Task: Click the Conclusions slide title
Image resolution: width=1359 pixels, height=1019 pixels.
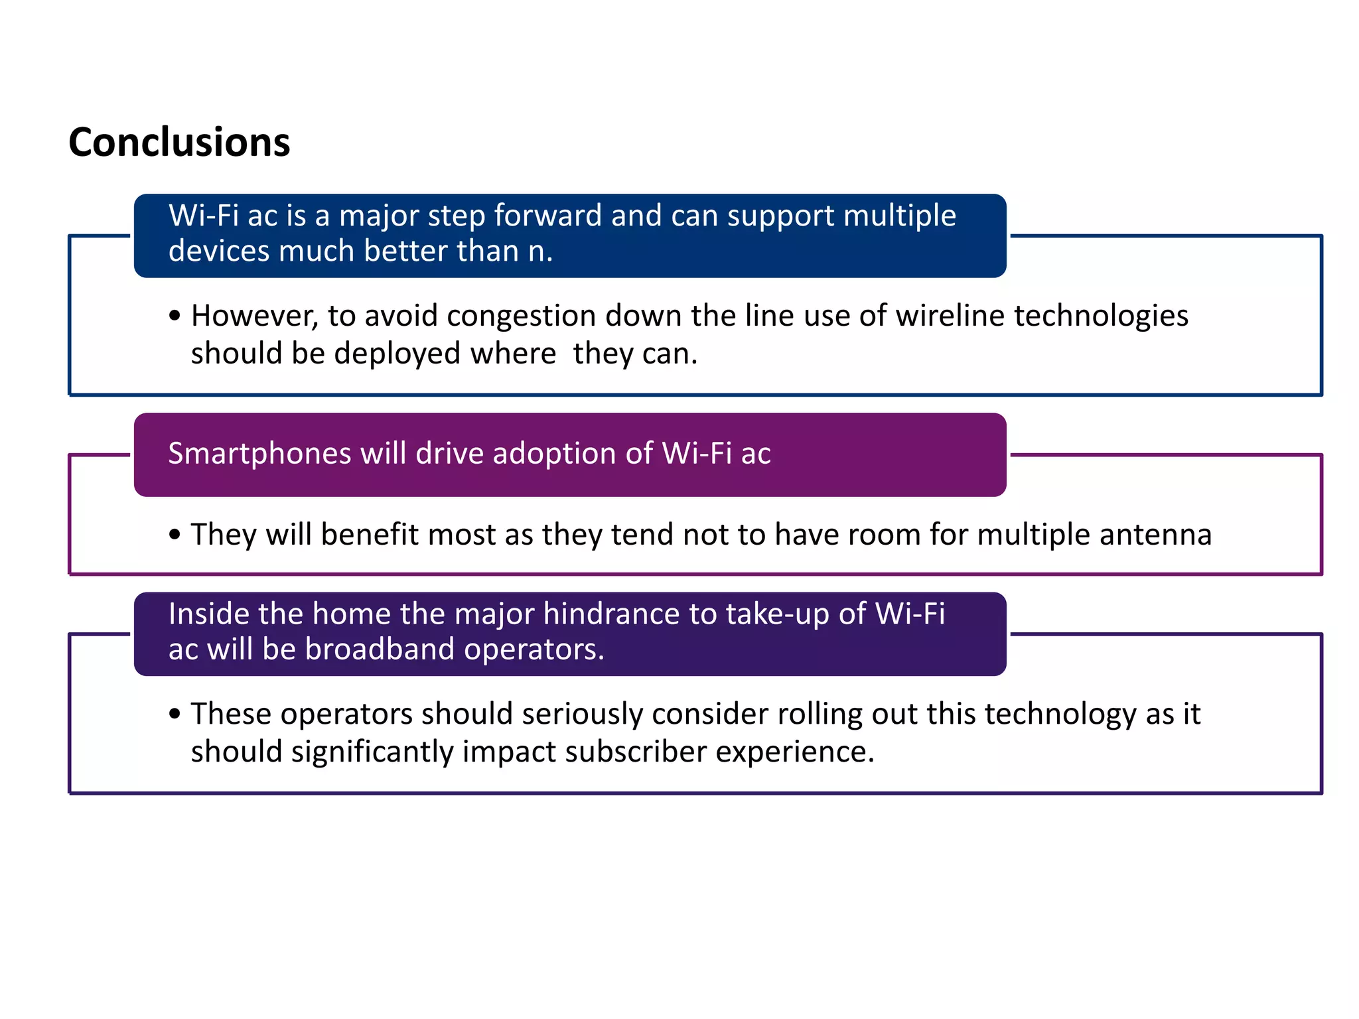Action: point(179,143)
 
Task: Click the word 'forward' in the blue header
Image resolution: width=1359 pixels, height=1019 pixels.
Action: point(547,216)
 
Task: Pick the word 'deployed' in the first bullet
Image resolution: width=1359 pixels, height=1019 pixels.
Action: point(397,354)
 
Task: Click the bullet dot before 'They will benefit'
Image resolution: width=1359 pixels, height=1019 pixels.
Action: point(175,535)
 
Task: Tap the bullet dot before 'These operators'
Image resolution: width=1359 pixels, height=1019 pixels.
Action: point(175,714)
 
